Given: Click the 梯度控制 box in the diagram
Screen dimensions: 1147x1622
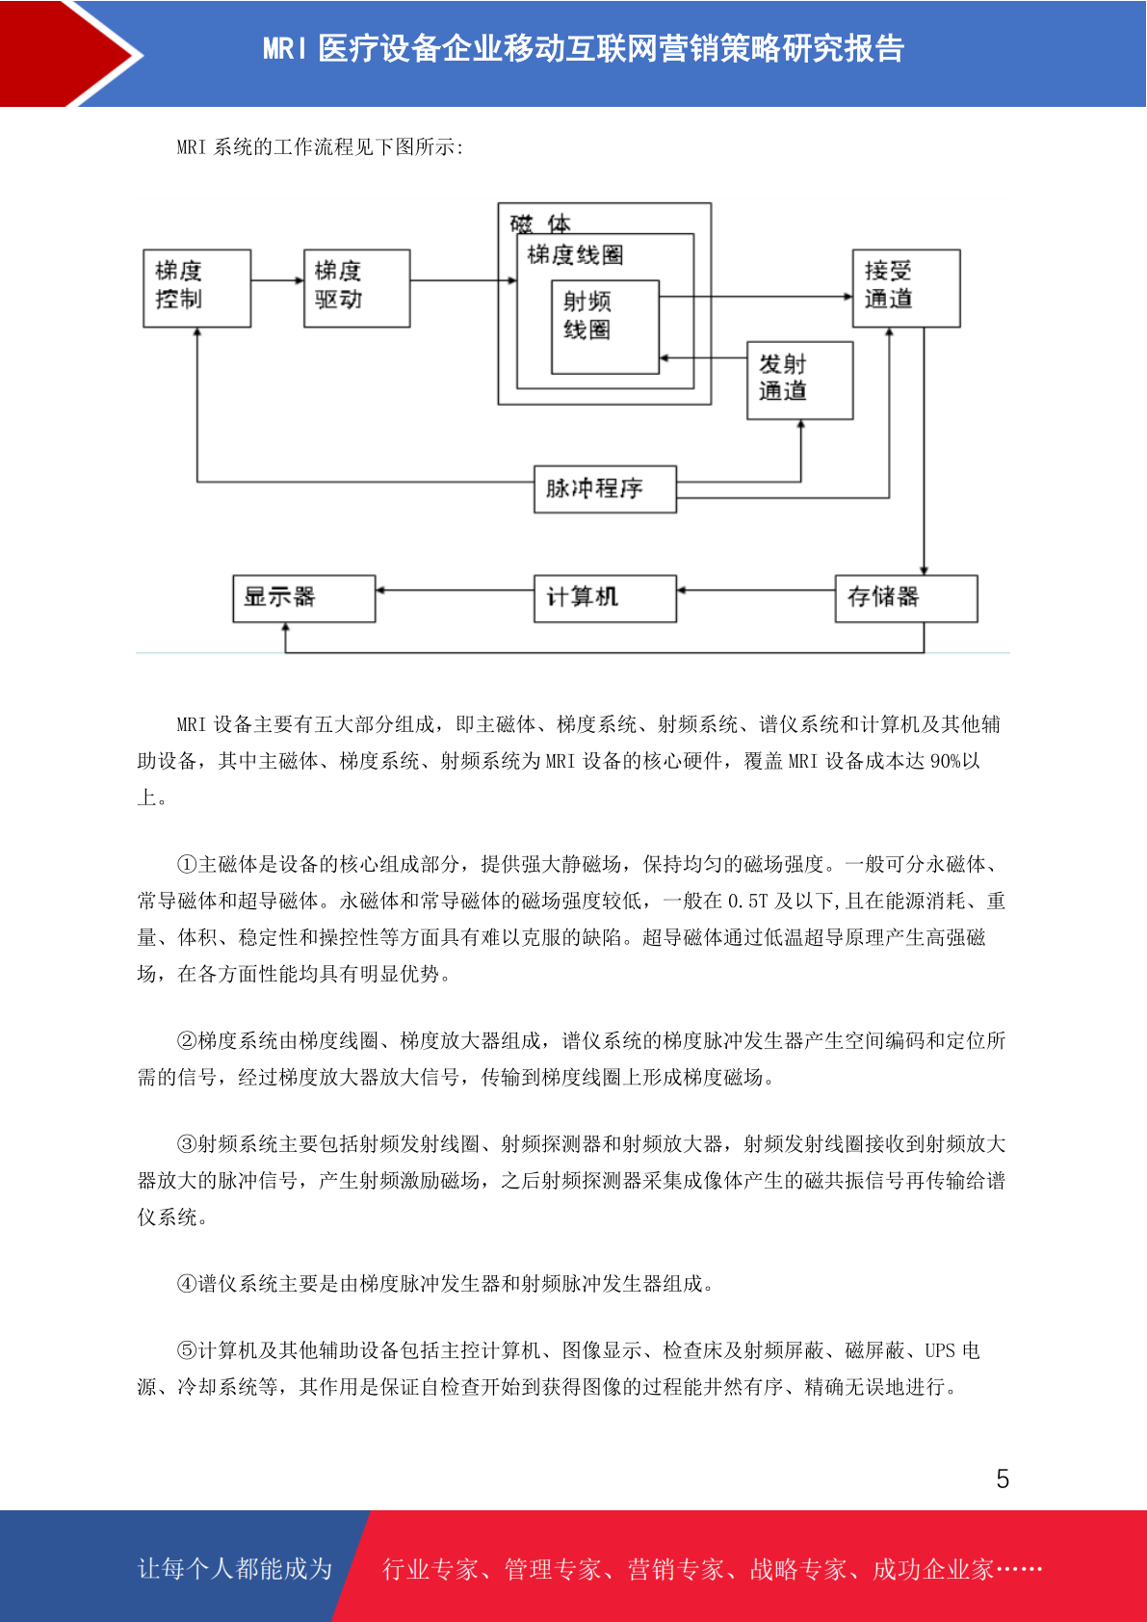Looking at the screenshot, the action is pyautogui.click(x=197, y=288).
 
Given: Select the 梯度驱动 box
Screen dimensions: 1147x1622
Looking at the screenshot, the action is pyautogui.click(x=357, y=288).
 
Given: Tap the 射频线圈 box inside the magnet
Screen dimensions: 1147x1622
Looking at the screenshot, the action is pyautogui.click(x=606, y=327).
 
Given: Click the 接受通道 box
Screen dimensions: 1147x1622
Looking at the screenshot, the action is pyautogui.click(x=906, y=288).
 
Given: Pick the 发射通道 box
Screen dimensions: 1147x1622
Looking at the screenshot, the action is pyautogui.click(x=800, y=380).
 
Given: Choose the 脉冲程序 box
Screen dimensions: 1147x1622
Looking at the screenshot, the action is pyautogui.click(x=606, y=488).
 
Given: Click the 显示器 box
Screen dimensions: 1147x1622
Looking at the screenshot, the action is pyautogui.click(x=304, y=598).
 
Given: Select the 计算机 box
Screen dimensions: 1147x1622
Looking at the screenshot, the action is pyautogui.click(x=606, y=598).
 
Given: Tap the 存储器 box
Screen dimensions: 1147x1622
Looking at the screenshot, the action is pyautogui.click(x=906, y=598).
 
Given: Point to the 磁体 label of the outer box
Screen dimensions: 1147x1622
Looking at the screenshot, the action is pyautogui.click(x=540, y=223).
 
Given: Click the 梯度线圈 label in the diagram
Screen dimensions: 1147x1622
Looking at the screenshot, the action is pyautogui.click(x=575, y=255).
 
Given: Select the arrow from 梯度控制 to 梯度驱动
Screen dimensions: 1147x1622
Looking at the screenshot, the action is pyautogui.click(x=277, y=280).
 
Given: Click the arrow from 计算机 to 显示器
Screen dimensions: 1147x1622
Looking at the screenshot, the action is pyautogui.click(x=455, y=590).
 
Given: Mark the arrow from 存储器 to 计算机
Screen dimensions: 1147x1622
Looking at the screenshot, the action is pyautogui.click(x=756, y=590).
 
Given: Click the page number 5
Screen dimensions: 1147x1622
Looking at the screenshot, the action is pyautogui.click(x=1003, y=1478).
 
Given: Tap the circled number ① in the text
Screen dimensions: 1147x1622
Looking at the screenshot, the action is pyautogui.click(x=187, y=864).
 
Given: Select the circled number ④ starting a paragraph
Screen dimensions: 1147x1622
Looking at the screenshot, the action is pyautogui.click(x=187, y=1284).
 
